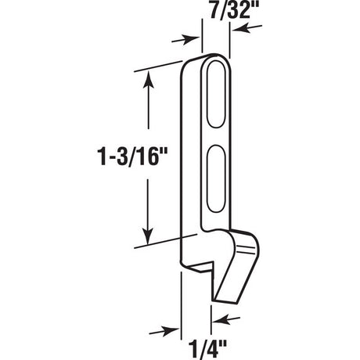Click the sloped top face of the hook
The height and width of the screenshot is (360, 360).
244,237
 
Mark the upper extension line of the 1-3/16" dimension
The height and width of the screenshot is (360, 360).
160,67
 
